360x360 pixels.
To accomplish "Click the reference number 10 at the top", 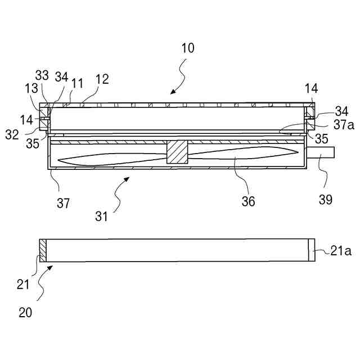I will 188,48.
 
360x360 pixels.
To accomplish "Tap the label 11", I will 77,83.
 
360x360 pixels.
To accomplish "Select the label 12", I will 102,80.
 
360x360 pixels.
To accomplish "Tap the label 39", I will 326,199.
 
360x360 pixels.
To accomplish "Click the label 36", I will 248,201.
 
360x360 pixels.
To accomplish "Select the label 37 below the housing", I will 64,202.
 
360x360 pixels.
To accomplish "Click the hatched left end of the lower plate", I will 42,250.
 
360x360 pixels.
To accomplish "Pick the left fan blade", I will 112,160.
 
